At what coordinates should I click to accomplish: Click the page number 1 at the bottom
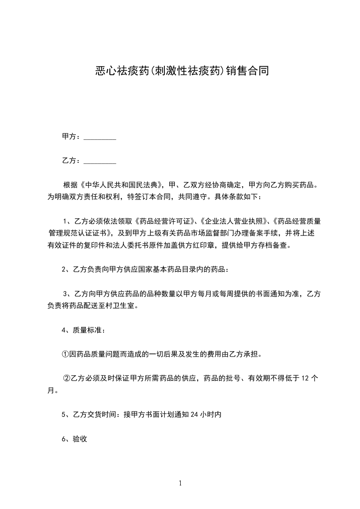point(180,484)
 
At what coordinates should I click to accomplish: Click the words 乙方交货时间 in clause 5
point(94,414)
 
